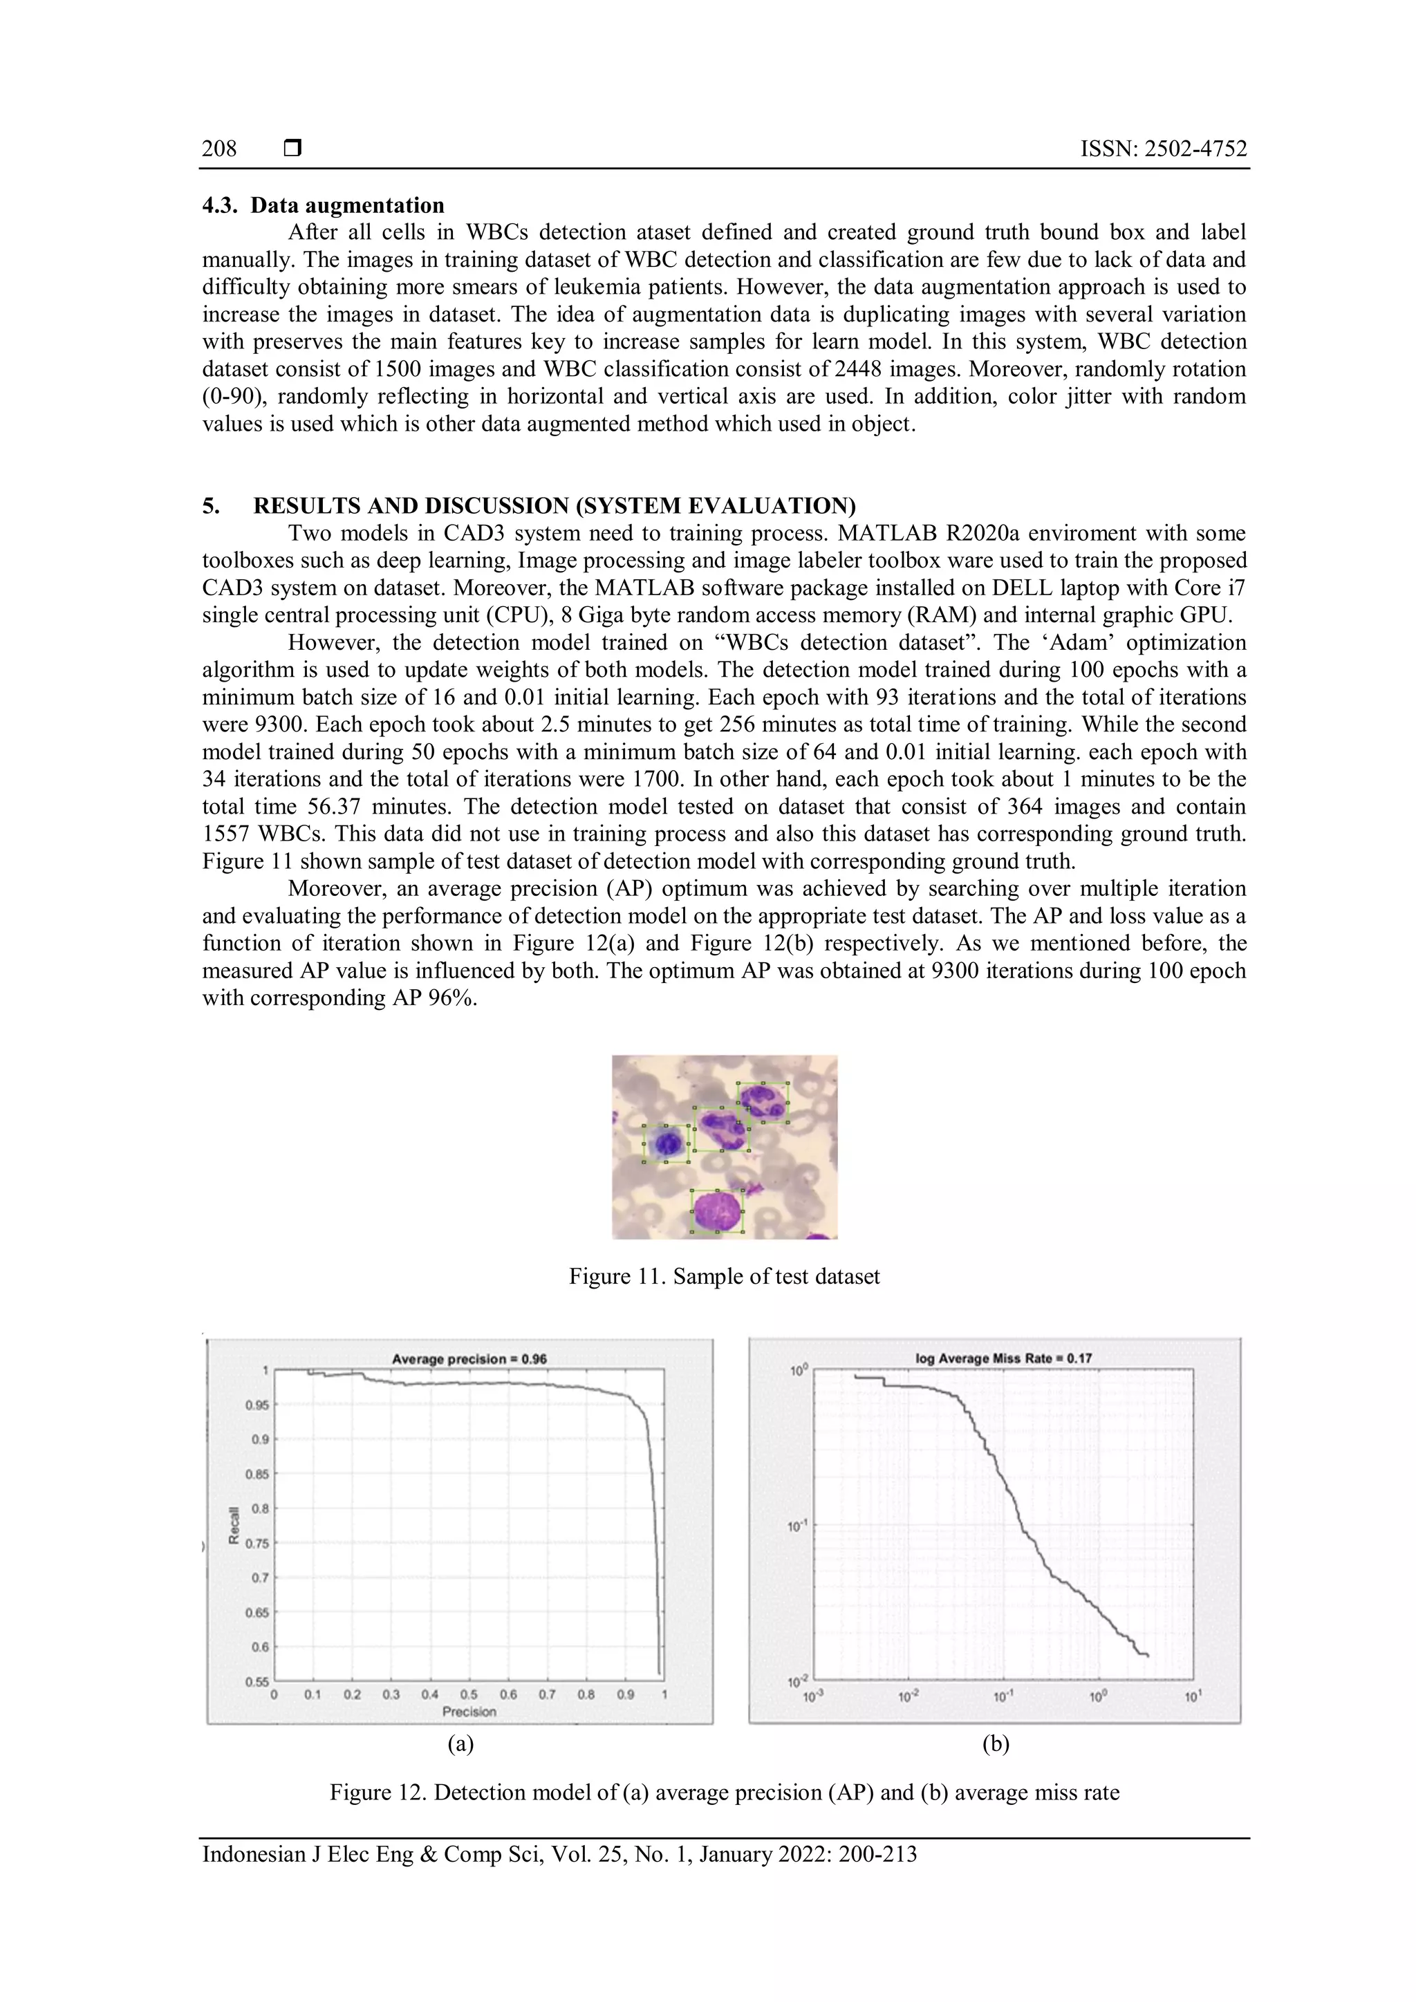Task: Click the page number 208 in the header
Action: click(219, 149)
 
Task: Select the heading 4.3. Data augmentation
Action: click(324, 206)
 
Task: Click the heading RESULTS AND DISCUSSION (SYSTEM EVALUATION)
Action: click(555, 506)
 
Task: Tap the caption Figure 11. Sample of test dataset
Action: click(724, 1277)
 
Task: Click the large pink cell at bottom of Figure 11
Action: click(717, 1212)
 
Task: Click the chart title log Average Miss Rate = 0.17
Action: click(1003, 1358)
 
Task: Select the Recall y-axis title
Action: click(234, 1525)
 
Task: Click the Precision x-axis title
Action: click(469, 1712)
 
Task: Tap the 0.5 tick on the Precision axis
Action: click(469, 1694)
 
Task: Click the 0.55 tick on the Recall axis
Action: click(258, 1681)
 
